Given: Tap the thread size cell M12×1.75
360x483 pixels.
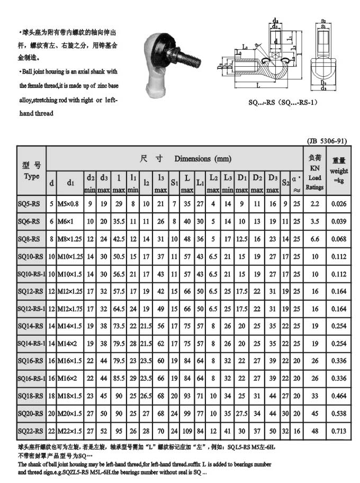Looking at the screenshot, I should pyautogui.click(x=71, y=308).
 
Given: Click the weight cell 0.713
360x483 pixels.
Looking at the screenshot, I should pyautogui.click(x=339, y=431).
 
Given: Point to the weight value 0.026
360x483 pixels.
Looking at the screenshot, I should pyautogui.click(x=339, y=203).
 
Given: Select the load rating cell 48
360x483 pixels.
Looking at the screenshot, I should pyautogui.click(x=315, y=431).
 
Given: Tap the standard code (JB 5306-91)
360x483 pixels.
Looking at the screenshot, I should pyautogui.click(x=327, y=141).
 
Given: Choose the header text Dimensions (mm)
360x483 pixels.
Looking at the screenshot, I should pyautogui.click(x=203, y=158).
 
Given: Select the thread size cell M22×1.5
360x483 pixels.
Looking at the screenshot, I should pyautogui.click(x=71, y=431).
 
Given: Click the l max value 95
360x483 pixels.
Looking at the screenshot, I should pyautogui.click(x=120, y=431).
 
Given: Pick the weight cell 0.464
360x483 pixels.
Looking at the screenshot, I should pyautogui.click(x=339, y=396).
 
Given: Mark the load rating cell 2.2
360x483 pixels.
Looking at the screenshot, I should pyautogui.click(x=315, y=203).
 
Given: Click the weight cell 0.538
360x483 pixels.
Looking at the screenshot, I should pyautogui.click(x=339, y=413).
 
